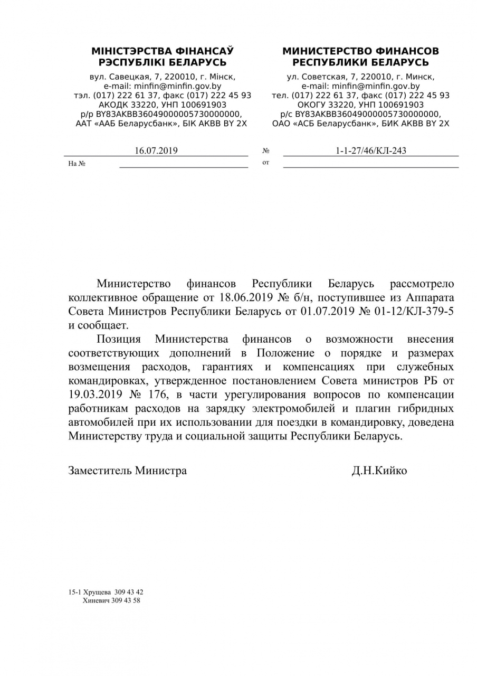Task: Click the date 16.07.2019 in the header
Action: tap(156, 151)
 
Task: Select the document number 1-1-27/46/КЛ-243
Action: tap(371, 151)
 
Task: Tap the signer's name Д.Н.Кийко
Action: tap(379, 471)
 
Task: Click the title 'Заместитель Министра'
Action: tap(127, 471)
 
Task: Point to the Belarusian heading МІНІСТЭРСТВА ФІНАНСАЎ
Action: tap(163, 52)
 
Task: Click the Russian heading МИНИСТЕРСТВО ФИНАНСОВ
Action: tap(360, 52)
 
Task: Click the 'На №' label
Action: tap(77, 164)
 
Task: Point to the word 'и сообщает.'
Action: tap(98, 325)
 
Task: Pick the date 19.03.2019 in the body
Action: tap(96, 394)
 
